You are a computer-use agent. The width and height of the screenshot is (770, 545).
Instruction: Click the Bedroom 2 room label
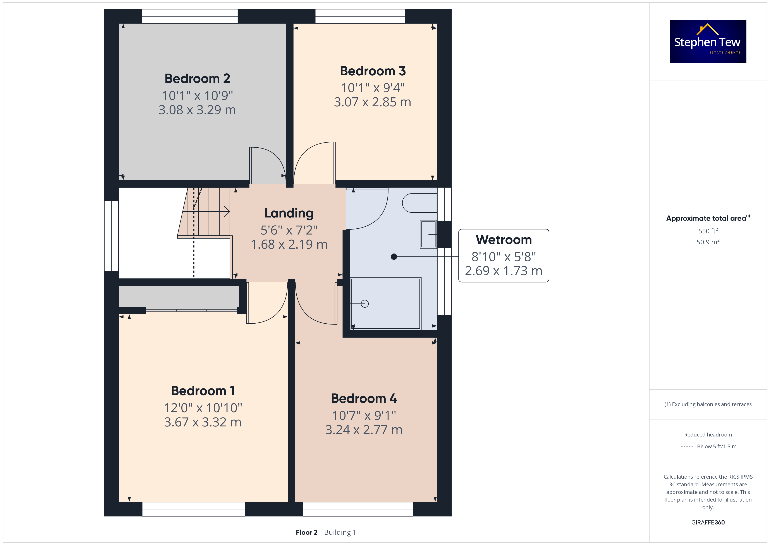click(x=197, y=79)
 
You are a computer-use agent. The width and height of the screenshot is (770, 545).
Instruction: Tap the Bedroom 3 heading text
click(x=373, y=71)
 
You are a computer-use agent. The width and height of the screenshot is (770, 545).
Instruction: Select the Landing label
click(x=289, y=213)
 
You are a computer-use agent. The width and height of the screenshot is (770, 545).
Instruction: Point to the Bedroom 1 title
click(x=203, y=391)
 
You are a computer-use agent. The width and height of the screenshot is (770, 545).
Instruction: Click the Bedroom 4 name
click(x=364, y=399)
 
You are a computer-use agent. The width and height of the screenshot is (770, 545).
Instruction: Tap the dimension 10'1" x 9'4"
click(x=373, y=88)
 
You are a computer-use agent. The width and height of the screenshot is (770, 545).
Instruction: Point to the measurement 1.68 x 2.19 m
click(x=289, y=244)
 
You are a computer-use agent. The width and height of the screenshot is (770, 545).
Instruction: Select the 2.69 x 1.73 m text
click(x=504, y=271)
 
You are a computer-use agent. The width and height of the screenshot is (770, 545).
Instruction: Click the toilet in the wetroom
click(x=419, y=203)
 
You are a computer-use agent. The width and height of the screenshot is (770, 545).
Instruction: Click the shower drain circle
click(x=365, y=304)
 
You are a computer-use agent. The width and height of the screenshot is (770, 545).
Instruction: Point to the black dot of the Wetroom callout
click(x=394, y=257)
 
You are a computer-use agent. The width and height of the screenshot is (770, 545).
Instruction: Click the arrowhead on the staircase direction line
click(x=227, y=212)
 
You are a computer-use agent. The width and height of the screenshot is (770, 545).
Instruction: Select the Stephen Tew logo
click(x=708, y=42)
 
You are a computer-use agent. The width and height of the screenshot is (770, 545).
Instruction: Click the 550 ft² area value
click(x=708, y=231)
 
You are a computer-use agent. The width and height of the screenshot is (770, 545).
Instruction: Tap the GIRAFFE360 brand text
click(x=708, y=523)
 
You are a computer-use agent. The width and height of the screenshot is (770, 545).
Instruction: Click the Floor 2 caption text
click(x=306, y=532)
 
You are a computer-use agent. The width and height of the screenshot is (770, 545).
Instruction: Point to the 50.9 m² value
click(x=708, y=242)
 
